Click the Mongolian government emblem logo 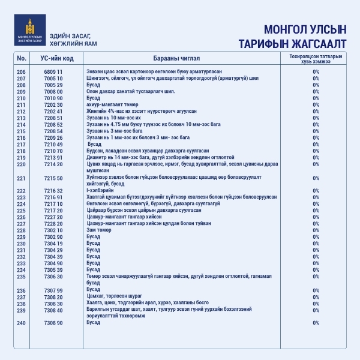tap(29, 34)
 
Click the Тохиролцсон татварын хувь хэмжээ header tap(316, 58)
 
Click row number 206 tap(22, 72)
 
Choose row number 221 tap(22, 178)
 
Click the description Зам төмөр tap(99, 230)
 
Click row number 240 tap(22, 323)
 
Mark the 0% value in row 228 tap(316, 230)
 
